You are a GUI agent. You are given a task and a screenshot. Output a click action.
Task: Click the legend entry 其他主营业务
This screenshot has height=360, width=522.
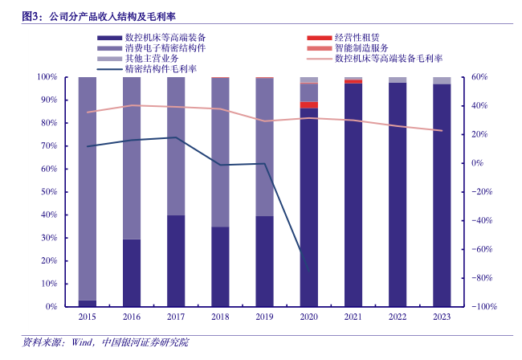[x=152, y=59]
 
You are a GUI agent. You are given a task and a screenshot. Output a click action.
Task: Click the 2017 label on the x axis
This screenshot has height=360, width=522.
[x=176, y=317]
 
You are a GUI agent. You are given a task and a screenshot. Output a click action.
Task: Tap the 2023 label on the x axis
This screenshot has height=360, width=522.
[x=442, y=317]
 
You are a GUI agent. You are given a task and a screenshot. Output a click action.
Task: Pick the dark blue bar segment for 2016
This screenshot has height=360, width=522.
[x=132, y=273]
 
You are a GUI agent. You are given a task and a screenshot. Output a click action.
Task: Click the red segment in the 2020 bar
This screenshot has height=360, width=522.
[x=308, y=104]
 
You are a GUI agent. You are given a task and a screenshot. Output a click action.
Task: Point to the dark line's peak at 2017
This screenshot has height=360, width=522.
[x=176, y=137]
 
